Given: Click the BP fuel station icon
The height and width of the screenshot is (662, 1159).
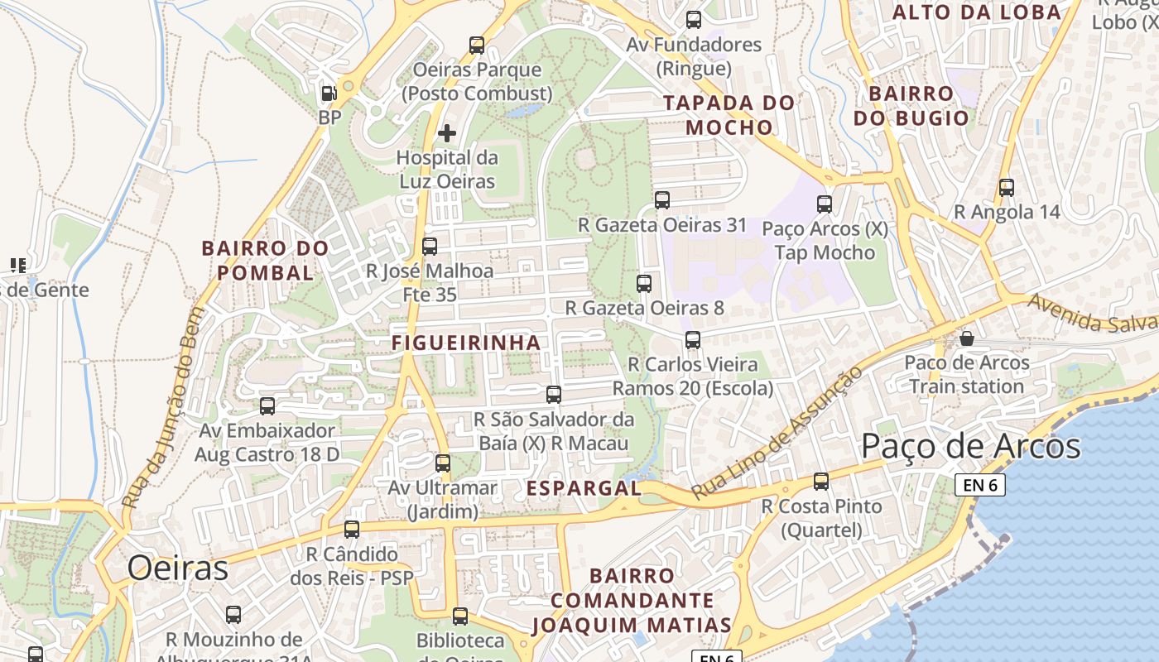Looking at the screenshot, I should click(329, 94).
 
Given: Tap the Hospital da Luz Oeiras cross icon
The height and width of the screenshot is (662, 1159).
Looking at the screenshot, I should click(447, 132).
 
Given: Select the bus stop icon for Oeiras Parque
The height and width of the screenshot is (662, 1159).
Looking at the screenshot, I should click(477, 45).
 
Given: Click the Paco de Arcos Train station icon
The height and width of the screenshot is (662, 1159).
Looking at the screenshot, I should click(966, 338).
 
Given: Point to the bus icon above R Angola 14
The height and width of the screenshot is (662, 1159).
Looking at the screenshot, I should click(1006, 188).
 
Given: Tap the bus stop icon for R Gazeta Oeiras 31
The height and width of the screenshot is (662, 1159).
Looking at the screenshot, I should click(662, 199).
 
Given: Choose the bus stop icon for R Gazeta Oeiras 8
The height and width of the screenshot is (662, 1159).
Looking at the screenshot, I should click(644, 283).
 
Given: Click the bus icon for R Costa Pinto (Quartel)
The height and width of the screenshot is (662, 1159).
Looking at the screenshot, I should click(821, 481).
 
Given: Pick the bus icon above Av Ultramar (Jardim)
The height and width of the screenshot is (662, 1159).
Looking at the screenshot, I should click(443, 463).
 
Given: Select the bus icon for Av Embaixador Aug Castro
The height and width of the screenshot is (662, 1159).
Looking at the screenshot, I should click(267, 405).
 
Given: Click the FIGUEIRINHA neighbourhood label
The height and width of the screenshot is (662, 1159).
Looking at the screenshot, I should click(465, 343).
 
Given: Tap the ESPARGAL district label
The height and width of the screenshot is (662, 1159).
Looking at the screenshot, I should click(584, 488).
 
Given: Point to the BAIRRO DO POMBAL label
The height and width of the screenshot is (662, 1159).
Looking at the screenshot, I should click(265, 260).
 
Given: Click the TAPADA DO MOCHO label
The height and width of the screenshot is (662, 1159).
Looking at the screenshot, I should click(729, 115).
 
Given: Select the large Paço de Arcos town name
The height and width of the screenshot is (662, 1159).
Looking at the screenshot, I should click(970, 446).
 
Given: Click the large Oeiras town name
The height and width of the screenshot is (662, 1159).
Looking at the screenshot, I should click(177, 568).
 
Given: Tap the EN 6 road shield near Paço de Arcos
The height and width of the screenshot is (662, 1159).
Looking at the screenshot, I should click(980, 485).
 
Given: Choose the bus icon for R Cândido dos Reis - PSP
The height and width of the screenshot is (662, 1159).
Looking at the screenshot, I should click(352, 529).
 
